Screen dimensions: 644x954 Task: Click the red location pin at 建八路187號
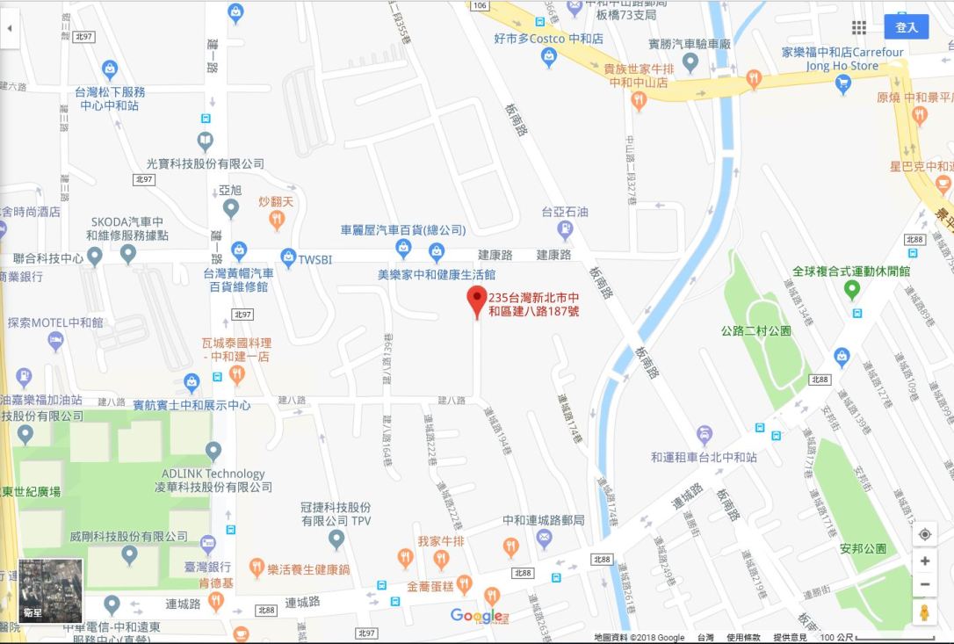(476, 300)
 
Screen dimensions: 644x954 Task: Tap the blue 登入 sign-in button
(906, 27)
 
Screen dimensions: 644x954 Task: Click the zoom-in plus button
(924, 561)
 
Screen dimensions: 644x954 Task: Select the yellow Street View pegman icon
(924, 612)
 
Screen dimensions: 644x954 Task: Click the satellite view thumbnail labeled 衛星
(51, 590)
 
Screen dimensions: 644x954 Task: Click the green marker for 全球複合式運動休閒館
(851, 289)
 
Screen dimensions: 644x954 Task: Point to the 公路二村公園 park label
(755, 331)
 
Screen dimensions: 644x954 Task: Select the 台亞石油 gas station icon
(565, 229)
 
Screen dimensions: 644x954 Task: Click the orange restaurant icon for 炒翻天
(277, 219)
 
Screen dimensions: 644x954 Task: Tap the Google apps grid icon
(858, 27)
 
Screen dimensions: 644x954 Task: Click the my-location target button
(924, 534)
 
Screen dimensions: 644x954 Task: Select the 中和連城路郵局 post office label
(543, 520)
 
